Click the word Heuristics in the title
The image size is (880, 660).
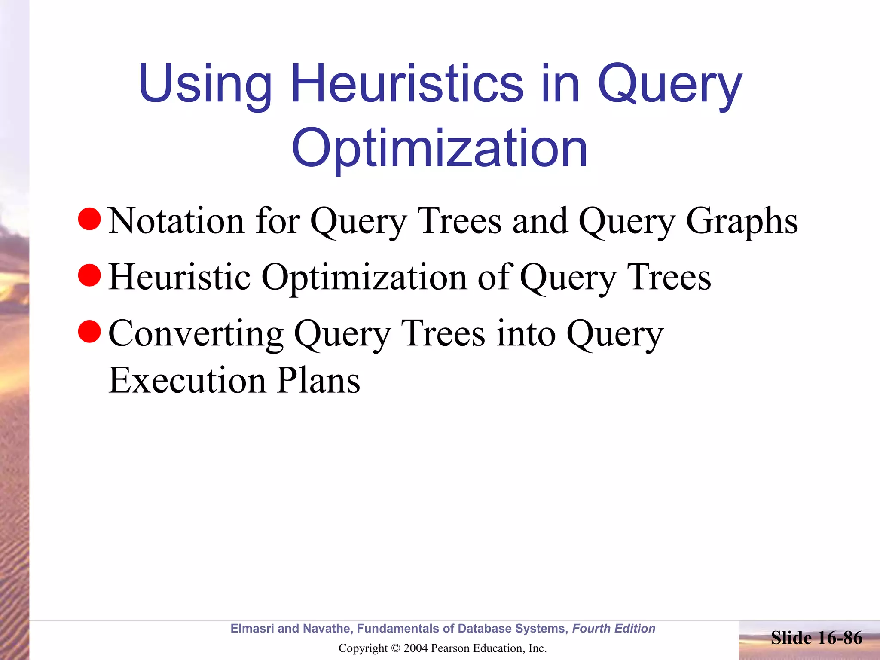(x=407, y=83)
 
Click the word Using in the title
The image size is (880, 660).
(x=205, y=83)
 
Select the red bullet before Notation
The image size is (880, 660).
(x=89, y=219)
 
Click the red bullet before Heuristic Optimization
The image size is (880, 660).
(x=89, y=275)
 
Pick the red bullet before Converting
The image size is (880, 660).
(x=89, y=332)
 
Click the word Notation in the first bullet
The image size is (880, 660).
(x=176, y=221)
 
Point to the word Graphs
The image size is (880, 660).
(x=742, y=221)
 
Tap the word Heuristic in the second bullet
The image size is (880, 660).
(x=179, y=277)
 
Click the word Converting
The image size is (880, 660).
(x=196, y=334)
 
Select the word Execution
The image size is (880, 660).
(x=187, y=380)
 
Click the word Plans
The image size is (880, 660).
(x=318, y=380)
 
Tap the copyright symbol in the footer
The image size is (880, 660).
(x=396, y=648)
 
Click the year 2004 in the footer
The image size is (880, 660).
(x=415, y=648)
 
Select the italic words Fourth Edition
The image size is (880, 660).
(x=614, y=629)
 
